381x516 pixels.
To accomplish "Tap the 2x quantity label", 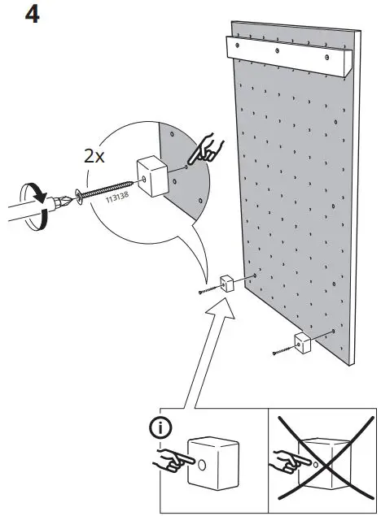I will point(95,156).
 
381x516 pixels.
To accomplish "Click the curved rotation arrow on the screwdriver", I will point(37,197).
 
